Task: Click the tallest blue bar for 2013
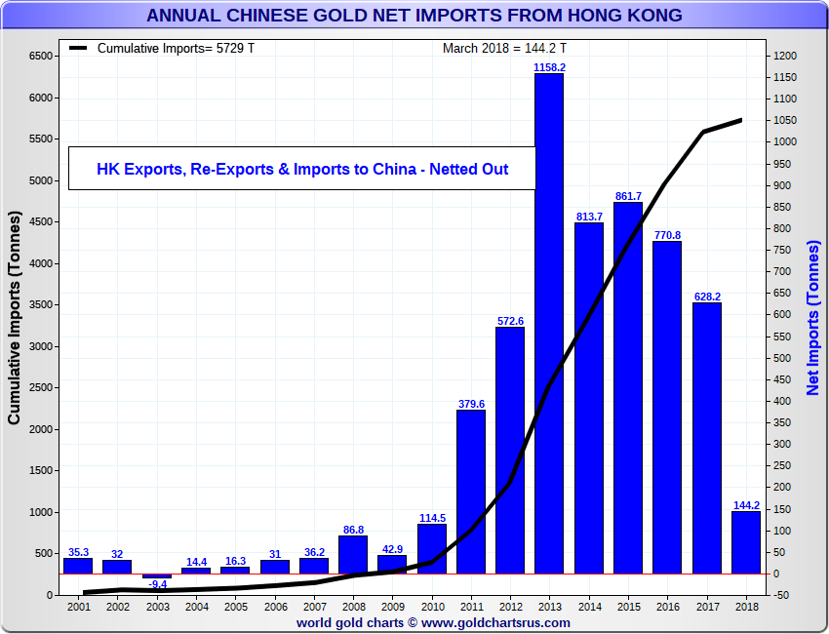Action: (548, 322)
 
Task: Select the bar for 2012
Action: (509, 450)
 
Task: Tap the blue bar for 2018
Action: (745, 541)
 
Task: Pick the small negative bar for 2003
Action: (156, 576)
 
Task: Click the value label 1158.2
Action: (549, 67)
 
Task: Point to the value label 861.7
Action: (627, 196)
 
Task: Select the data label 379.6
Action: (470, 404)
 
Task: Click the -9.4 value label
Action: (157, 585)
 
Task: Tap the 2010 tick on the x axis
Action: (431, 607)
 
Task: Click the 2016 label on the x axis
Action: (666, 607)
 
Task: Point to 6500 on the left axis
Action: (40, 57)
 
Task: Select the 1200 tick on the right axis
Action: (786, 57)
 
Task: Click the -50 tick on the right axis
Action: (784, 595)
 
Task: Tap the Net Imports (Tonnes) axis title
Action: (813, 319)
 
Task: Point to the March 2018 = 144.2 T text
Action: (504, 48)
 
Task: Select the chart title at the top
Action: (414, 16)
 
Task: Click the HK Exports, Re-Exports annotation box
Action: (302, 169)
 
